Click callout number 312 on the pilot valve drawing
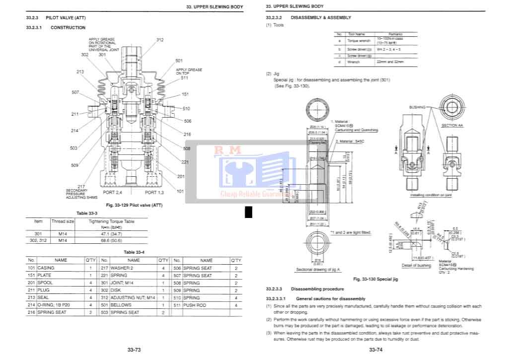click(159, 40)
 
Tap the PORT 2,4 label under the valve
click(112, 192)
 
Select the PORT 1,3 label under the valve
click(154, 192)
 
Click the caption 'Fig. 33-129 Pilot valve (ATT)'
click(134, 205)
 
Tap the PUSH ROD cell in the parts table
click(194, 305)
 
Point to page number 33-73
click(134, 350)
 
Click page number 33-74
click(375, 350)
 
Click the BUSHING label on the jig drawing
click(417, 107)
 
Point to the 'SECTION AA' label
click(452, 126)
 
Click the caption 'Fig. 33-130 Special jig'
click(375, 280)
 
